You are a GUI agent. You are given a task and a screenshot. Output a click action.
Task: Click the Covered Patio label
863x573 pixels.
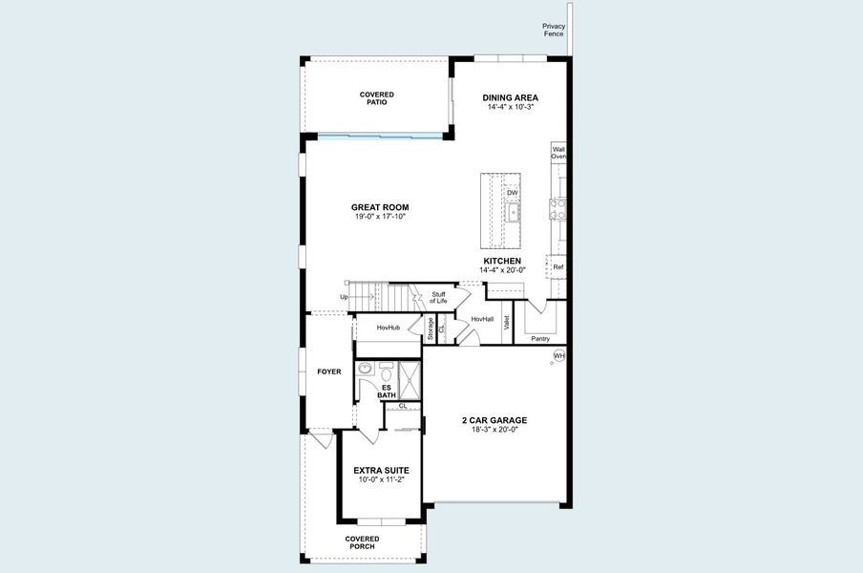(x=376, y=98)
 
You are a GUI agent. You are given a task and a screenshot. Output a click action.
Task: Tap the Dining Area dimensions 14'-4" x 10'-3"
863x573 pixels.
(x=510, y=107)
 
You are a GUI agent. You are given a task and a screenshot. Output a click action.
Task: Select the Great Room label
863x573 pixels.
(x=380, y=207)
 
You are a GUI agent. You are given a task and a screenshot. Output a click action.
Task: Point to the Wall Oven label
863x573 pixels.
(x=558, y=153)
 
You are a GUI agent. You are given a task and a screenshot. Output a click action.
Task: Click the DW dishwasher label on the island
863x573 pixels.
(x=513, y=192)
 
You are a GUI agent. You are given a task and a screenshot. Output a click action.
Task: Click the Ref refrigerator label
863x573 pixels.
(x=558, y=267)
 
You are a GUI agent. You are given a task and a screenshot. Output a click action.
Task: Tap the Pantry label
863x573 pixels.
(x=540, y=338)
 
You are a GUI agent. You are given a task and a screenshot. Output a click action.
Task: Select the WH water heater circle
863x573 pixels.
(x=558, y=356)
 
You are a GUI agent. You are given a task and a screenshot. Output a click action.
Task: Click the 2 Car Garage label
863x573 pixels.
(x=495, y=420)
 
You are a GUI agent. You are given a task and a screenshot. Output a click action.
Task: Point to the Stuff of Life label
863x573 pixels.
(x=438, y=298)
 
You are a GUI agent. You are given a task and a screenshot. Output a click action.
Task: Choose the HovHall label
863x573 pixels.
(x=482, y=319)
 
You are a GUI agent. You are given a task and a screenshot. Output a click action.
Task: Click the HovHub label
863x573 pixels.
(x=388, y=328)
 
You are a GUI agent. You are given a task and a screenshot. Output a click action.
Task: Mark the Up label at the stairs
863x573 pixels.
(x=345, y=297)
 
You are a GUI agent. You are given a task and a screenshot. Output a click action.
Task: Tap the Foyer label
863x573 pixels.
(x=329, y=371)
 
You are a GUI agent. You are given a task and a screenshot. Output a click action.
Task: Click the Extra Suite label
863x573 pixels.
(x=381, y=470)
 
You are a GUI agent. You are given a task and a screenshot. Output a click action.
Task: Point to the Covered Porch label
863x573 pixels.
(x=362, y=543)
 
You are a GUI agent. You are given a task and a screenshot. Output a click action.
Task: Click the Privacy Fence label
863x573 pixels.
(x=554, y=30)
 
